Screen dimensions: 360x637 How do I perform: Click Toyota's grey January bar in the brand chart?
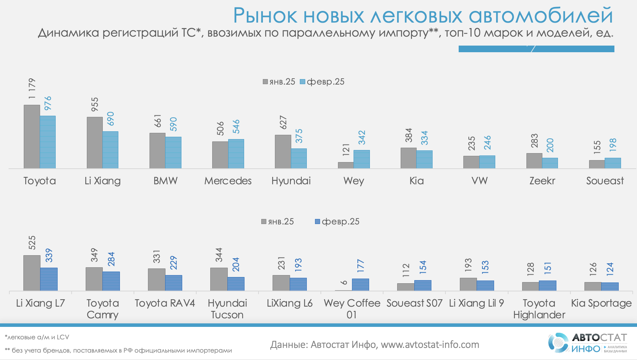(32, 136)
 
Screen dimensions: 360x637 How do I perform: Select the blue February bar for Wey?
(362, 159)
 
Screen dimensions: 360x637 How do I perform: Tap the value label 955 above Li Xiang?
(95, 104)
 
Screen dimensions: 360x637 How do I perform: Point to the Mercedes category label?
(228, 181)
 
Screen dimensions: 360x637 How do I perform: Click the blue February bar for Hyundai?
(299, 158)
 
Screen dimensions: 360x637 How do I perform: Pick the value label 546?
(236, 127)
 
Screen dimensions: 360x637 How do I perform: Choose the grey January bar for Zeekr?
(534, 161)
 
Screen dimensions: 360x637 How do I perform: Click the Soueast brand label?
(605, 181)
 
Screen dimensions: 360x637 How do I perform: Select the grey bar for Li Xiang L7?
(32, 273)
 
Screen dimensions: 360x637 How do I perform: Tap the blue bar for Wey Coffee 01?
(360, 284)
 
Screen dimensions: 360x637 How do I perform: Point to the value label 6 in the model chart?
(344, 282)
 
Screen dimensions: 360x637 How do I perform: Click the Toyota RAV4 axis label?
(165, 303)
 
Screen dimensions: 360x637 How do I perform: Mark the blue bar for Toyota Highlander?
(547, 286)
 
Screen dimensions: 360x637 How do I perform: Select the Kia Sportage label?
(601, 303)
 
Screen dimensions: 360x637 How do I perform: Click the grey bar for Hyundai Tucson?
(219, 279)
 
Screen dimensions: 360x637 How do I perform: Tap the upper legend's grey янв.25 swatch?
(265, 82)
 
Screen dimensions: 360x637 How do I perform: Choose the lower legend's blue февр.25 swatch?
(317, 222)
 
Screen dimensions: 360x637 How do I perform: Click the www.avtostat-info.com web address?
(430, 345)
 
